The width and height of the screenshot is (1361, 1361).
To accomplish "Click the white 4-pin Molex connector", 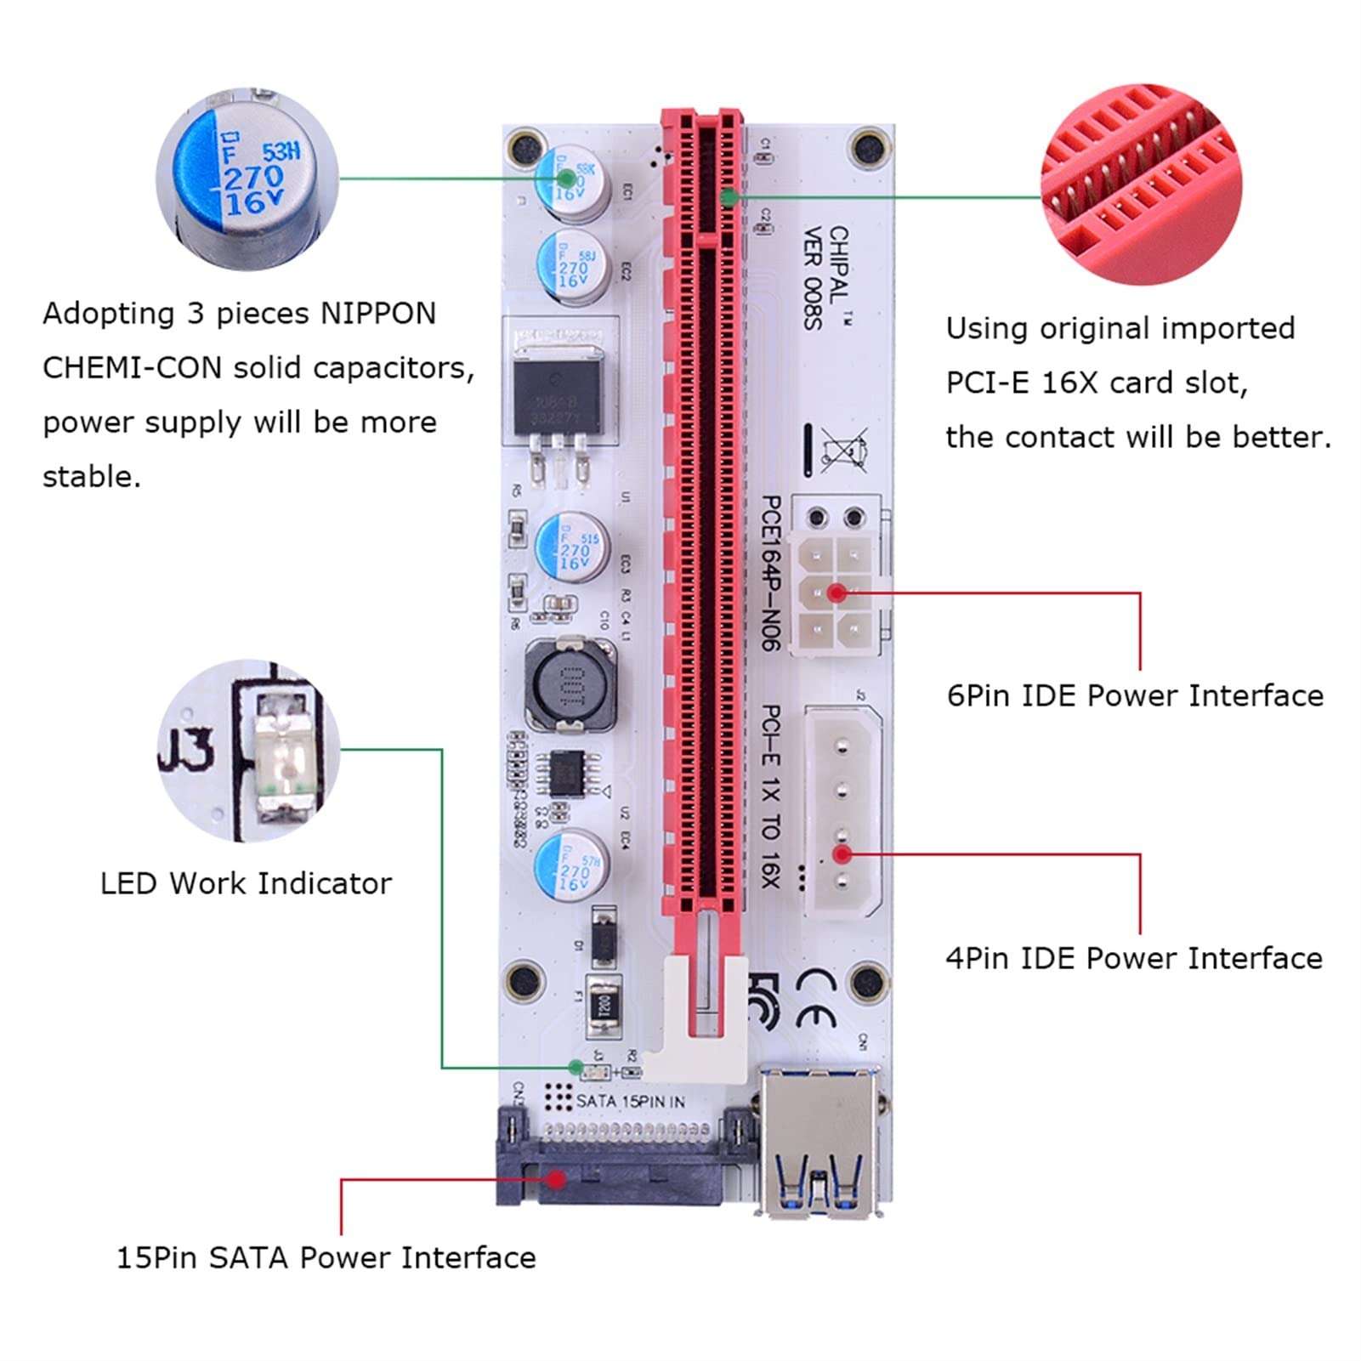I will tap(844, 813).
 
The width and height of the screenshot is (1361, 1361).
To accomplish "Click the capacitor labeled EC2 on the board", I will tap(574, 266).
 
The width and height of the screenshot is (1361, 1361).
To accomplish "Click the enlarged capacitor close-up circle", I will tap(247, 179).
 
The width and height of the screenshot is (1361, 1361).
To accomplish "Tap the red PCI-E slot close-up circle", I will tap(1141, 184).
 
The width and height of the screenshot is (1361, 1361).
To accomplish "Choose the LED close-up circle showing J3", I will tap(249, 750).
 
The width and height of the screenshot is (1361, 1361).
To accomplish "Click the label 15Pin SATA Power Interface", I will tap(326, 1257).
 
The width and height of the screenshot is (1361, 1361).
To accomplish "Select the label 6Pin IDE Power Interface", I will tap(1135, 695).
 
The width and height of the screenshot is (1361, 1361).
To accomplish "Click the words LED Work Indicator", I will tap(246, 883).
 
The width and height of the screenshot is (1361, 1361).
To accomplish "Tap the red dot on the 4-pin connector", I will tap(842, 853).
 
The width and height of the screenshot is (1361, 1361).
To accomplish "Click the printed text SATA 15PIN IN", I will tap(630, 1101).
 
